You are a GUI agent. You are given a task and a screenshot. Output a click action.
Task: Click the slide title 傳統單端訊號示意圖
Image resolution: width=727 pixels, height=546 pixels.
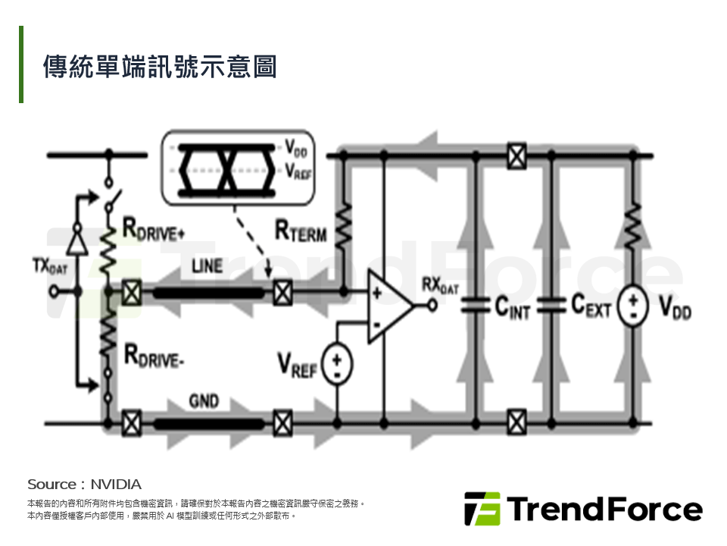pyautogui.click(x=160, y=67)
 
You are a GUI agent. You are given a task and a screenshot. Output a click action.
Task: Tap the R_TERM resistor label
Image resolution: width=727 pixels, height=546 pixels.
pyautogui.click(x=301, y=231)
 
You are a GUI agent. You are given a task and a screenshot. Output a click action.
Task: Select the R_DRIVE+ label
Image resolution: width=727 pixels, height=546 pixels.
pyautogui.click(x=154, y=228)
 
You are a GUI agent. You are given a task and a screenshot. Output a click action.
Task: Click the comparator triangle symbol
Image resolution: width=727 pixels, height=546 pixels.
pyautogui.click(x=388, y=306)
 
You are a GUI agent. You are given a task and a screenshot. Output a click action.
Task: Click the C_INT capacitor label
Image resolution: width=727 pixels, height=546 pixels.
pyautogui.click(x=513, y=308)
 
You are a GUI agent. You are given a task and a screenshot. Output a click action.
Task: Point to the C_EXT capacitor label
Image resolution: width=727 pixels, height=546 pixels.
pyautogui.click(x=591, y=306)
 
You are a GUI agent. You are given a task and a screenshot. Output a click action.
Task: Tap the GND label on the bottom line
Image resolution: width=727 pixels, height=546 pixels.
pyautogui.click(x=204, y=401)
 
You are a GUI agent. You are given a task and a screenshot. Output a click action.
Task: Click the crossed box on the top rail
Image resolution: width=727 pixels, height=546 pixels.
pyautogui.click(x=516, y=155)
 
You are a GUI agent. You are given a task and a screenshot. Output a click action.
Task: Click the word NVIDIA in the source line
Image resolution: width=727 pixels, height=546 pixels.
pyautogui.click(x=116, y=484)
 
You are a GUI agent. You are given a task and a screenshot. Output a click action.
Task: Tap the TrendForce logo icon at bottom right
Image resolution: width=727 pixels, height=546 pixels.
pyautogui.click(x=482, y=508)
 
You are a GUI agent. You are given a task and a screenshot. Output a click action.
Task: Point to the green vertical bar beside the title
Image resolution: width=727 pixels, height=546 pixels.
pyautogui.click(x=21, y=64)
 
